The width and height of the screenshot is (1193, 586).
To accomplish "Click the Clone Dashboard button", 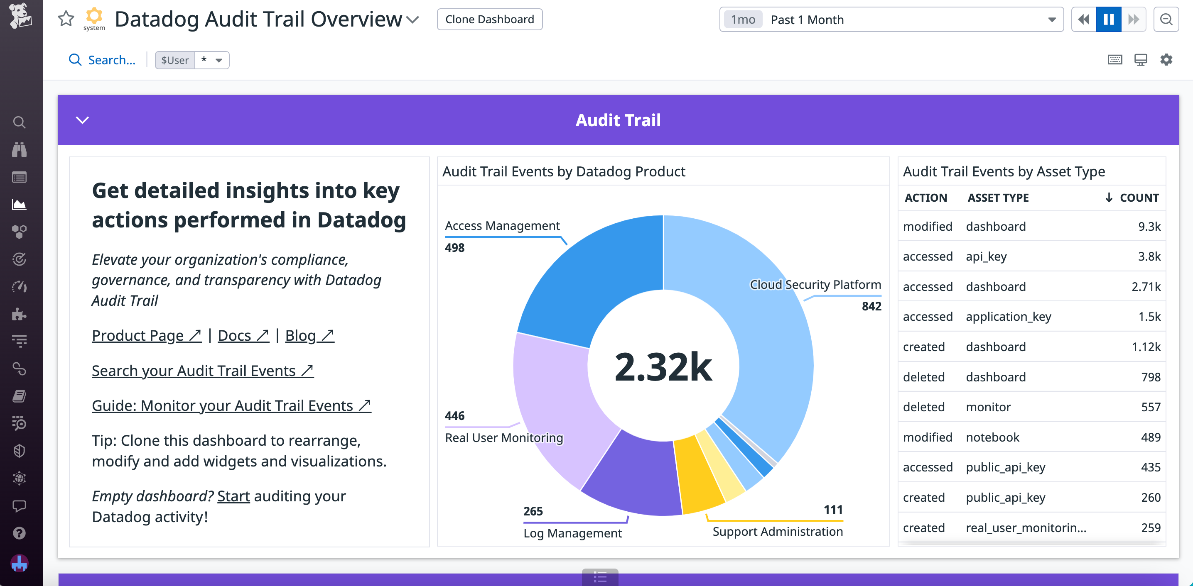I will pos(489,20).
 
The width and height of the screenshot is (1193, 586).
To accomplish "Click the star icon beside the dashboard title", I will pos(66,19).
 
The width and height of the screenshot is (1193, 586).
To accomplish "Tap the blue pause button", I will pos(1108,20).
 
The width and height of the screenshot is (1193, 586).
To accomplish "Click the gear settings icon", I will pos(1166,60).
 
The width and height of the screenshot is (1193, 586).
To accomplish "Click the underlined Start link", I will pos(233,496).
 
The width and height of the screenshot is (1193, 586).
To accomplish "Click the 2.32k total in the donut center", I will pos(663,367).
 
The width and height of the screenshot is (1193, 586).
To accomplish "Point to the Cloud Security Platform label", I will pos(815,285).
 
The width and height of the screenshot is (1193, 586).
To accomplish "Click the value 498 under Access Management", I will pos(454,248).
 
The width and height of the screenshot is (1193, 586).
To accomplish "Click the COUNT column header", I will pos(1138,198).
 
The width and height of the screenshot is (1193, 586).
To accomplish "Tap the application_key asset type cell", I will pos(1008,317).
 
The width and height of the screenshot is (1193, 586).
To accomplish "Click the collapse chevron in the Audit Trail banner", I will pos(82,120).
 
